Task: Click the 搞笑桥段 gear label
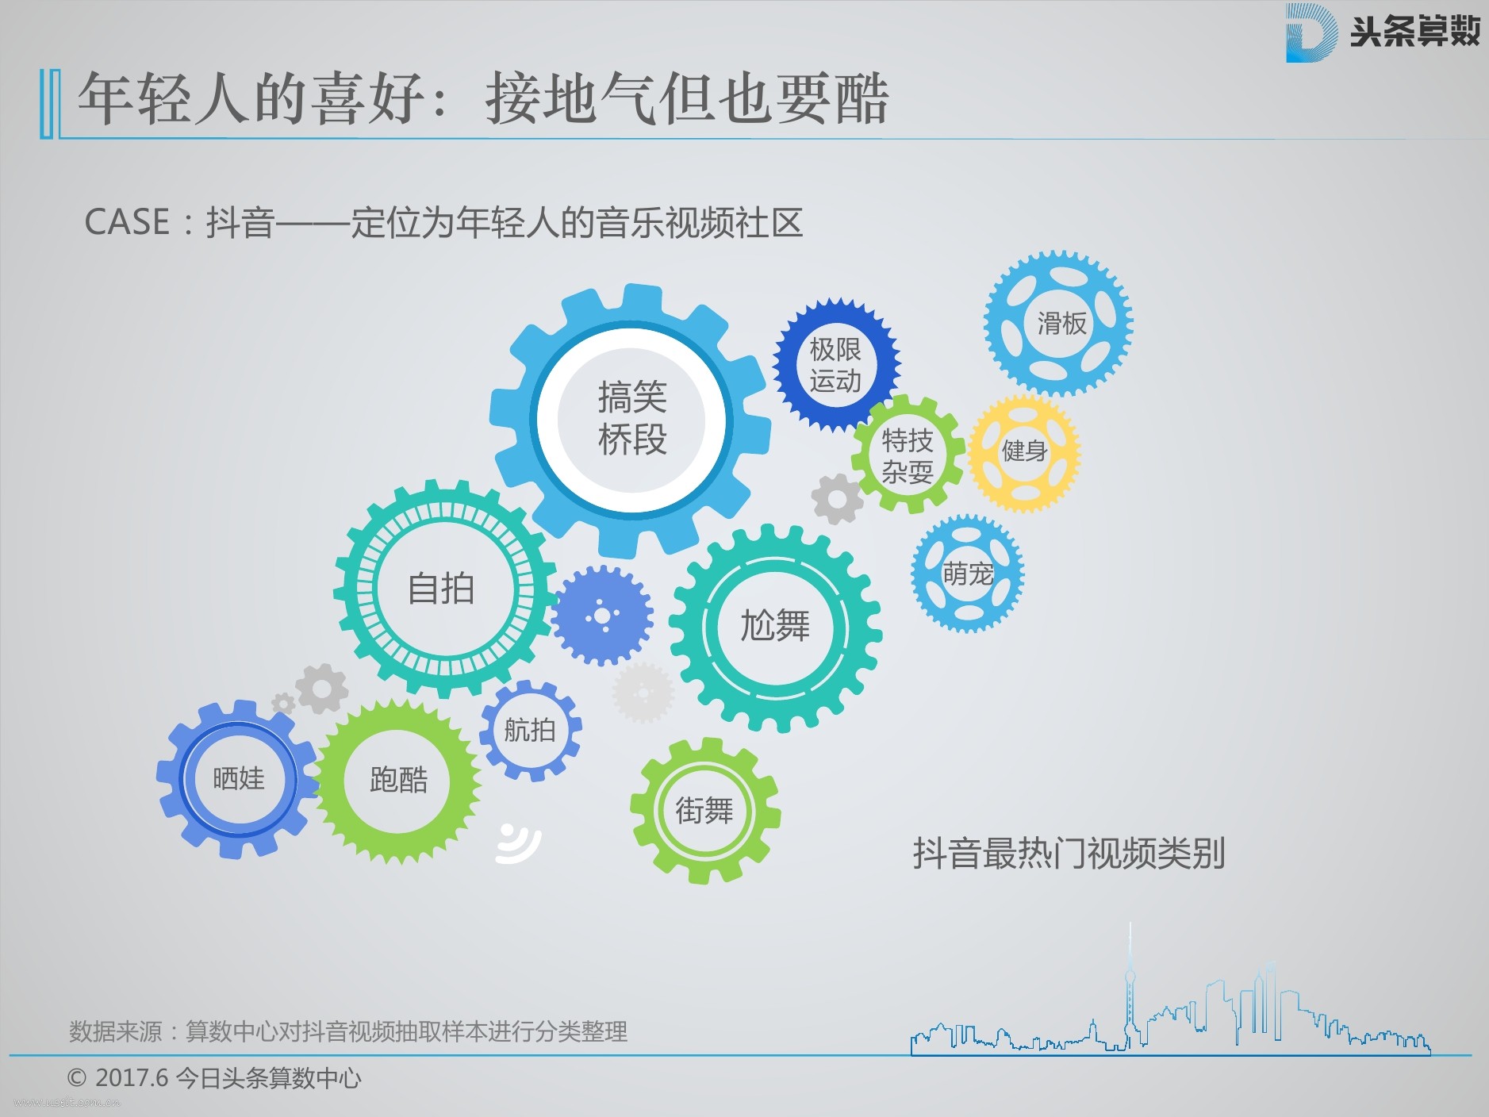pos(632,418)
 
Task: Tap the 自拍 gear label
pos(441,589)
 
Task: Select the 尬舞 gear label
pos(775,626)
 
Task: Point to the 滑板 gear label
pos(1061,323)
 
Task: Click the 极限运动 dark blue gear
pos(836,365)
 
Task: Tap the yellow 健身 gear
pos(1024,452)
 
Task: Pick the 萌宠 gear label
pos(968,574)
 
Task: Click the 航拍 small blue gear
pos(530,730)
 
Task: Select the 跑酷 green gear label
pos(398,780)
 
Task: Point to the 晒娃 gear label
pos(238,778)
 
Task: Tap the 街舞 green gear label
pos(704,811)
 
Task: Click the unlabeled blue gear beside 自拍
pos(602,616)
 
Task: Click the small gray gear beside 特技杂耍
pos(837,499)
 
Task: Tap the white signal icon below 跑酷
pos(518,843)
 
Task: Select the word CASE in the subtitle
pos(127,222)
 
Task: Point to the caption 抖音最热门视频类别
pos(1069,854)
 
